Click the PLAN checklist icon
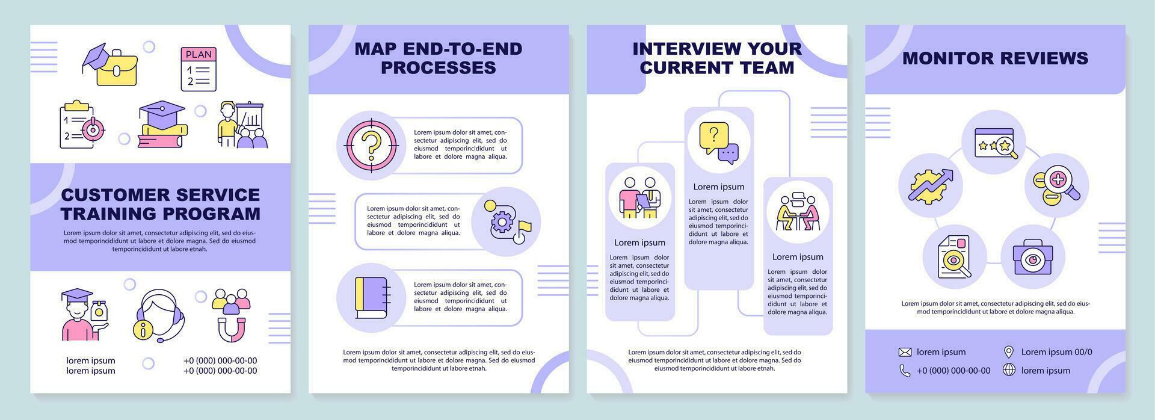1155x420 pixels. pyautogui.click(x=199, y=69)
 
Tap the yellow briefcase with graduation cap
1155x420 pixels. pyautogui.click(x=111, y=64)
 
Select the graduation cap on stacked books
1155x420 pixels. pyautogui.click(x=162, y=124)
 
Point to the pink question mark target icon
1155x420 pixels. pyautogui.click(x=371, y=145)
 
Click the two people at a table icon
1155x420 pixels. pyautogui.click(x=798, y=211)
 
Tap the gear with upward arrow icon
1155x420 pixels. pyautogui.click(x=930, y=185)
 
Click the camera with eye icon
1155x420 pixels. pyautogui.click(x=1032, y=257)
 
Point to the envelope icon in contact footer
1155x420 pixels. pyautogui.click(x=905, y=352)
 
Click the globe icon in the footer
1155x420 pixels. pyautogui.click(x=1009, y=370)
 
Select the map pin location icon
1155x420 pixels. pyautogui.click(x=1009, y=352)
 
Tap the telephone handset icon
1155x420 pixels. pyautogui.click(x=905, y=371)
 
